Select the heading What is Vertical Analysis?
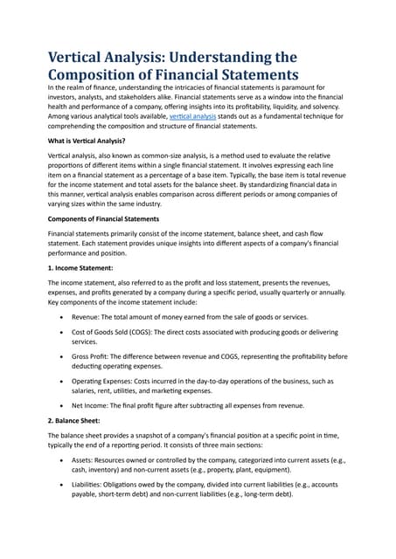tap(87, 141)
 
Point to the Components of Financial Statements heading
tap(103, 218)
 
